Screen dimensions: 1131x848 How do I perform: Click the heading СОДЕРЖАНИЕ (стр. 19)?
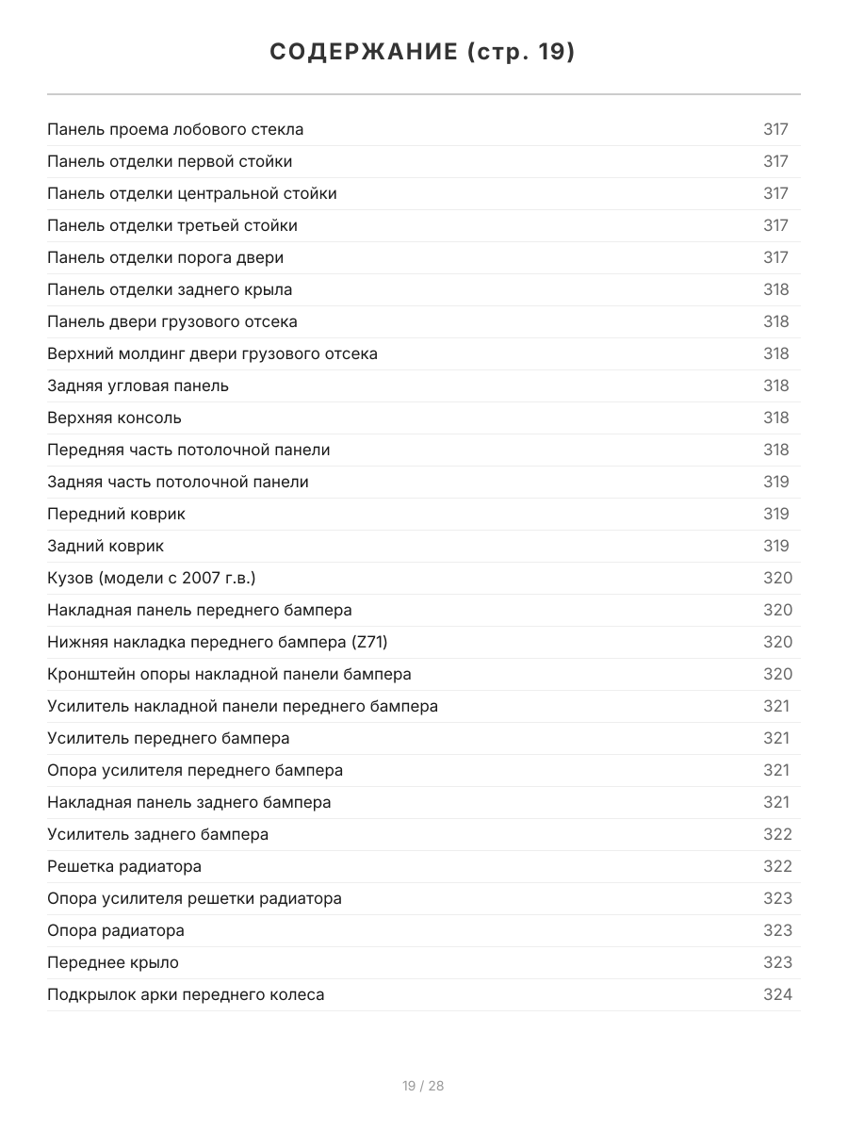423,52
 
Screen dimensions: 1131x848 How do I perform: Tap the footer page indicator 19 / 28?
423,1086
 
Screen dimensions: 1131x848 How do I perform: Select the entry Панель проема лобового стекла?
175,129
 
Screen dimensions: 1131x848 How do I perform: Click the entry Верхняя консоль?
114,418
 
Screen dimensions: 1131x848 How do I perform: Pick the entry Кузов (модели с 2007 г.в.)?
151,578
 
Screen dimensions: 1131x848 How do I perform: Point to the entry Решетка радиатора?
124,866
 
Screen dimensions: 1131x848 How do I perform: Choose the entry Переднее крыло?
113,962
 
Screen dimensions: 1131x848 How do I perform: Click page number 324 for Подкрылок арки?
777,994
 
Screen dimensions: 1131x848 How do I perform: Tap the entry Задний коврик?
106,546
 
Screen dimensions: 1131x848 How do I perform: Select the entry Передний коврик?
116,514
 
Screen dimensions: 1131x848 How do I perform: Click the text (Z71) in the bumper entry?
369,642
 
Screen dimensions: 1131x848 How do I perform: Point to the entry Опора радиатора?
116,930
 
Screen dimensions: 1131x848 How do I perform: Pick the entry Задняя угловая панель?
138,385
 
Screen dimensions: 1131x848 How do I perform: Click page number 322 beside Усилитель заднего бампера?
777,834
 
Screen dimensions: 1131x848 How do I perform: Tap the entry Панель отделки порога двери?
165,257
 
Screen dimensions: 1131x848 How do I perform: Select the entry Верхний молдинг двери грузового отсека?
212,353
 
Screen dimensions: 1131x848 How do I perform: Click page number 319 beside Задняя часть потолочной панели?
775,482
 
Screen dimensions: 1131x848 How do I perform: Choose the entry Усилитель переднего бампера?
169,738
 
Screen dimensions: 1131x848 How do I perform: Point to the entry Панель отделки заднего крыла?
170,289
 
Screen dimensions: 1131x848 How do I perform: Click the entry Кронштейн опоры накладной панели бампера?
229,674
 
